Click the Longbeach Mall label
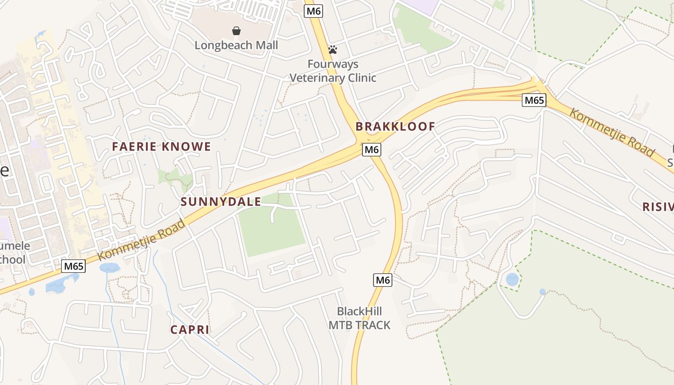[x=236, y=45]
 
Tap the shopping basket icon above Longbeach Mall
[x=236, y=31]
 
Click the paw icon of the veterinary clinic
[x=332, y=49]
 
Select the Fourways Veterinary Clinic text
[x=333, y=71]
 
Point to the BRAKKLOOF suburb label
[x=395, y=127]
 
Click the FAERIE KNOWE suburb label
[x=161, y=147]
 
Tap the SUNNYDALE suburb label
[x=220, y=202]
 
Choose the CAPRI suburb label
[x=190, y=330]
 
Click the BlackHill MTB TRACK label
[x=359, y=318]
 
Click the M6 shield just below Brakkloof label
[x=372, y=150]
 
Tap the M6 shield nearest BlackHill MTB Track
[x=382, y=280]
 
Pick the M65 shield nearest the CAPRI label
[x=74, y=266]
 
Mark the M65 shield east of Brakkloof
[x=534, y=100]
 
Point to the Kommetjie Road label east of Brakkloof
[x=611, y=133]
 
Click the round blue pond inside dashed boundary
[x=512, y=279]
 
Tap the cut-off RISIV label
[x=658, y=207]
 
